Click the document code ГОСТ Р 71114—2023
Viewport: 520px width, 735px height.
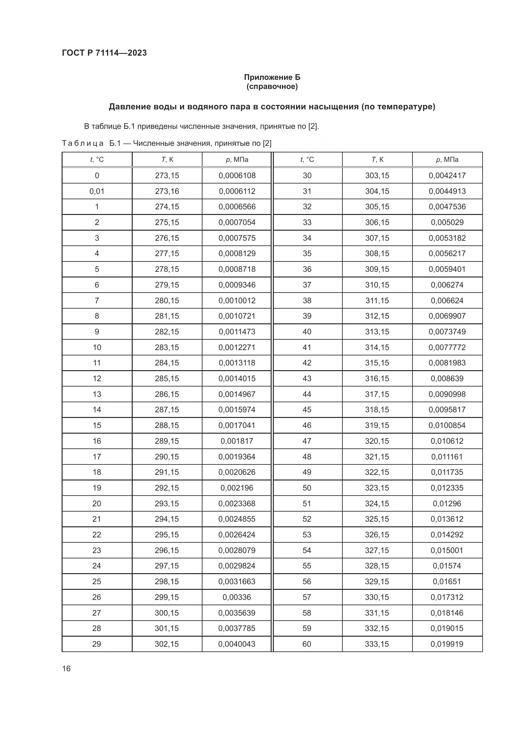click(104, 53)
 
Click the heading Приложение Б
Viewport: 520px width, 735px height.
click(272, 77)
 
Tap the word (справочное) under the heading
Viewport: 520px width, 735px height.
click(272, 86)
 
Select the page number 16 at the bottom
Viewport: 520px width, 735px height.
click(66, 668)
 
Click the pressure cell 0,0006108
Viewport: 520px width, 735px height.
click(237, 175)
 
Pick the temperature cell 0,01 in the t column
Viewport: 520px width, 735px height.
click(97, 191)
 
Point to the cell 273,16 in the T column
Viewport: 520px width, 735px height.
click(167, 191)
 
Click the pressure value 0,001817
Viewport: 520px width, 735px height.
click(237, 441)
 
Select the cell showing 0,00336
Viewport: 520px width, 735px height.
click(237, 597)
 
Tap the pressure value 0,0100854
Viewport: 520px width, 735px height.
click(447, 425)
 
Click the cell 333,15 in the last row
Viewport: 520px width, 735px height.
click(377, 644)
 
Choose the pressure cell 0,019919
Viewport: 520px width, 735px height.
click(447, 644)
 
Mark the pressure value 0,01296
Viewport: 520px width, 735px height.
click(447, 503)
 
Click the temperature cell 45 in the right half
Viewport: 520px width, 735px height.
click(307, 409)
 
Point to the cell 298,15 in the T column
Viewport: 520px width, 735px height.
click(167, 581)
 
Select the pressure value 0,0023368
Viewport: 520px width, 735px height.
click(237, 503)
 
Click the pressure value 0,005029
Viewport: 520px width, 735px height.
click(447, 222)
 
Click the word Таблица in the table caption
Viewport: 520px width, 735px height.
click(83, 143)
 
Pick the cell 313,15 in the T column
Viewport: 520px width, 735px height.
click(377, 332)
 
